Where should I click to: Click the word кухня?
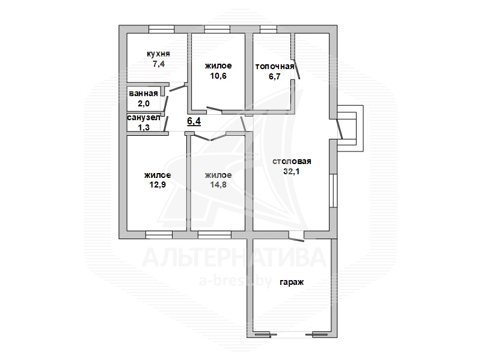(158, 54)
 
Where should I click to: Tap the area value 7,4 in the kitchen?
(159, 64)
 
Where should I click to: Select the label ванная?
(143, 94)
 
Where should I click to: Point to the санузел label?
(144, 117)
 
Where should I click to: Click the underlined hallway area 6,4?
(194, 121)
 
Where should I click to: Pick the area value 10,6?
(218, 76)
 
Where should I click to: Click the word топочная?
(275, 67)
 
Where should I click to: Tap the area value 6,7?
(275, 76)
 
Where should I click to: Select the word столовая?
(292, 161)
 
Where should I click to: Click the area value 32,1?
(292, 171)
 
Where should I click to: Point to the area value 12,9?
(158, 185)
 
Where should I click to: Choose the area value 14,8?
(218, 185)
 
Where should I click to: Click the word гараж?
(292, 282)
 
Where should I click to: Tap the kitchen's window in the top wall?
(161, 29)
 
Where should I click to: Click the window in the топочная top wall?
(268, 29)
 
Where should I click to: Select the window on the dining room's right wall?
(334, 190)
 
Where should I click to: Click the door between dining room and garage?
(296, 236)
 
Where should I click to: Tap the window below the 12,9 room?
(159, 235)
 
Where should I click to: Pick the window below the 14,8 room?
(215, 235)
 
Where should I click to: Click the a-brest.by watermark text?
(236, 281)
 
